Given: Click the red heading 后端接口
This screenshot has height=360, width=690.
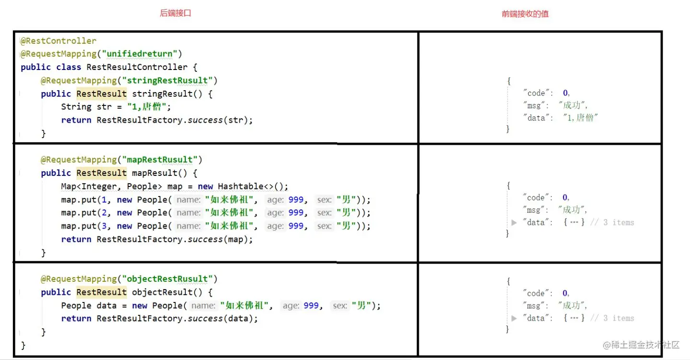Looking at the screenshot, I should pos(175,13).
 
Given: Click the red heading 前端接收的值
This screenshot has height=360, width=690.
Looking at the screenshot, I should pos(525,14).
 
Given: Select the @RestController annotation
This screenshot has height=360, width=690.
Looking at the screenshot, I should pos(58,41).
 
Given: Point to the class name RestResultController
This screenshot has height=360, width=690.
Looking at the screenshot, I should pos(137,67).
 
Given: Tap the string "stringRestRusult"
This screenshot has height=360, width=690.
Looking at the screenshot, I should pos(167,80).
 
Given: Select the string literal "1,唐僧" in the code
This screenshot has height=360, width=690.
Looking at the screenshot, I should pos(149,106).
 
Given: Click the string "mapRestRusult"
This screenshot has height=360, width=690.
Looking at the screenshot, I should pos(160,160).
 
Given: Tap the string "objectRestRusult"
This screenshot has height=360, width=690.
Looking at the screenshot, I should pos(167,279).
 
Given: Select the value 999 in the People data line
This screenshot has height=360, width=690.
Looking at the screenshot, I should pos(311,305).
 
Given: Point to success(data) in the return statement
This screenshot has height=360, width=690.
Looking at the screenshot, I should pos(223,318).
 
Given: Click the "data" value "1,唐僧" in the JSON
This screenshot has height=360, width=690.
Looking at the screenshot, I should pos(581,117).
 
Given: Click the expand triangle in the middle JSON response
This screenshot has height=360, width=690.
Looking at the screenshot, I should pos(514,222).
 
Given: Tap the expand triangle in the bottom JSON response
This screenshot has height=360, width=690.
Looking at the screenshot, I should pos(514,318).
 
